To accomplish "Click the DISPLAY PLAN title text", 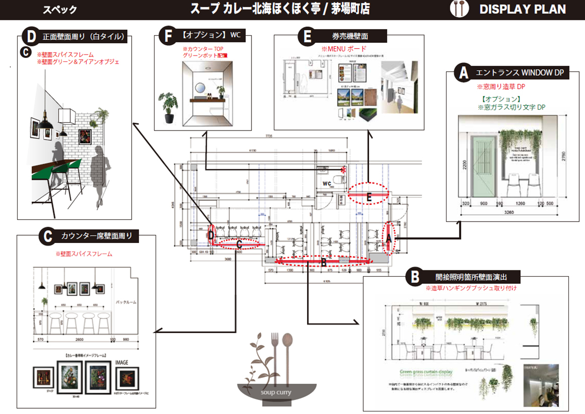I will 522,9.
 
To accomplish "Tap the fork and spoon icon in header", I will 459,9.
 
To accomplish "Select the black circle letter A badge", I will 462,73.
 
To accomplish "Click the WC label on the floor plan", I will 328,184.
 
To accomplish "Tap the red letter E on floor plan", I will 369,198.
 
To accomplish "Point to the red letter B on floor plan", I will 323,263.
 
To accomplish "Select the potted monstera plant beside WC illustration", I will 168,107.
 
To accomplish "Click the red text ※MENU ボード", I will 344,49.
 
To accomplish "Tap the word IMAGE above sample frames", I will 122,362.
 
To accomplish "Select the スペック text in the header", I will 59,10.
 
